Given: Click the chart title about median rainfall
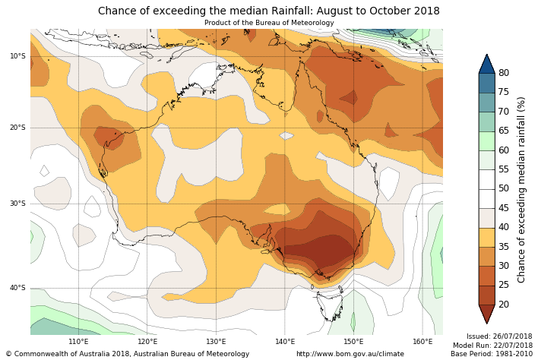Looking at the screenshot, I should tap(268, 11).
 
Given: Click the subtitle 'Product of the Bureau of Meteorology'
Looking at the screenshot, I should tap(268, 23).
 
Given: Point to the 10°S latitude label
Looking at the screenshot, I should tap(17, 55).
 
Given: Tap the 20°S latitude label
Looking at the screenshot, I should tap(17, 128).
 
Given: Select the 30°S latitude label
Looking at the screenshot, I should tap(17, 204).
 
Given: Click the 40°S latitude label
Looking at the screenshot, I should tap(17, 288).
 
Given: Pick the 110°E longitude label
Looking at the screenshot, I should tap(79, 342).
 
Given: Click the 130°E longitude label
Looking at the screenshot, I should tap(216, 342).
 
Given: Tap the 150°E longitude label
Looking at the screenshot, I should tap(353, 342).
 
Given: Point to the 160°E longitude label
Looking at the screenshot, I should tap(421, 342).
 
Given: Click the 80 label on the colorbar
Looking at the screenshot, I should tap(503, 73).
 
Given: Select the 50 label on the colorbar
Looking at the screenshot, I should tap(503, 188).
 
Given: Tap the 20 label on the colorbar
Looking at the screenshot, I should tap(503, 305).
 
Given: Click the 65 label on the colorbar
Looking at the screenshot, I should tap(503, 131).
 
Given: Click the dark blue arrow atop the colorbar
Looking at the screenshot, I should tap(486, 64).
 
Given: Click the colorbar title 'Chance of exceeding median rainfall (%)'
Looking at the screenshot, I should tap(522, 189).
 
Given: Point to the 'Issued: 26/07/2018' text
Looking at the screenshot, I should tap(498, 336).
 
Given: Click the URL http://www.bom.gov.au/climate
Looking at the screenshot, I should tap(350, 354).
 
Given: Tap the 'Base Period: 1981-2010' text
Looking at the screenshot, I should tap(492, 354).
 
